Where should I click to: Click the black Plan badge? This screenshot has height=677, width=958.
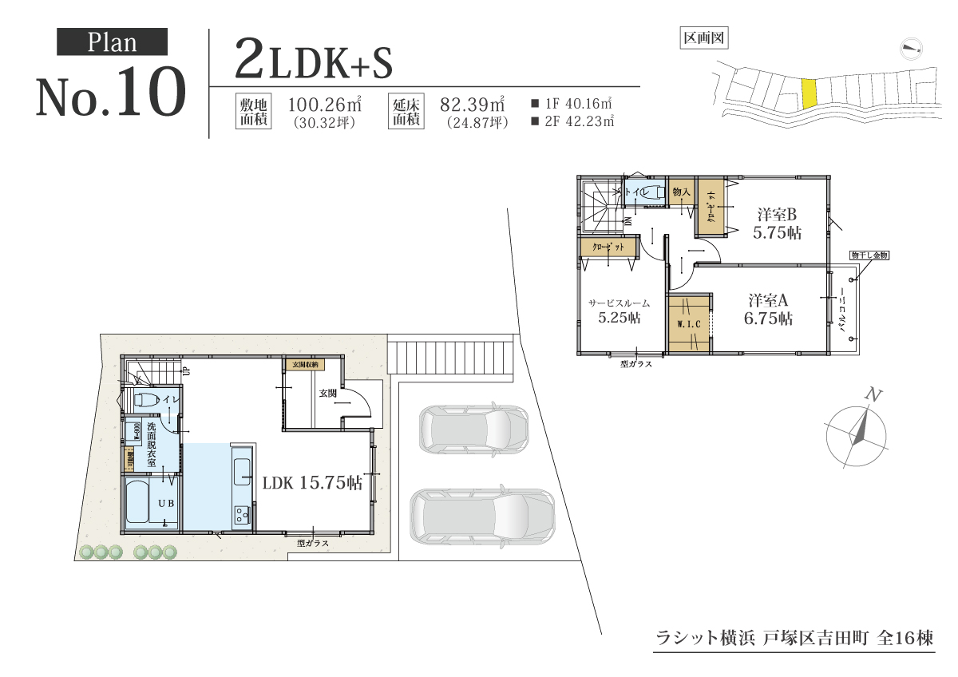(112, 42)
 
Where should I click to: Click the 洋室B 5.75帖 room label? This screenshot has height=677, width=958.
(778, 224)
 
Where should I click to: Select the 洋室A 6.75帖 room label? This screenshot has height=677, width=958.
(770, 310)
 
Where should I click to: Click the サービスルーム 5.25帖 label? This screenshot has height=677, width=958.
(619, 311)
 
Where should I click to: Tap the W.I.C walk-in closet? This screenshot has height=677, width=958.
(688, 324)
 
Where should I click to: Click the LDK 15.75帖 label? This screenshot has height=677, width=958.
(312, 482)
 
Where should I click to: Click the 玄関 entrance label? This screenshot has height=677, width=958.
(328, 394)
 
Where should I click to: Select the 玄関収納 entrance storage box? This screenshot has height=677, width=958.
(304, 365)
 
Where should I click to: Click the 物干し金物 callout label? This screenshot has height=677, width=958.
(869, 255)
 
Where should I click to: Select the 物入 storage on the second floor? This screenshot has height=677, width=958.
(681, 192)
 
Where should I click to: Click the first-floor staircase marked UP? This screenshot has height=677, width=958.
(153, 371)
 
